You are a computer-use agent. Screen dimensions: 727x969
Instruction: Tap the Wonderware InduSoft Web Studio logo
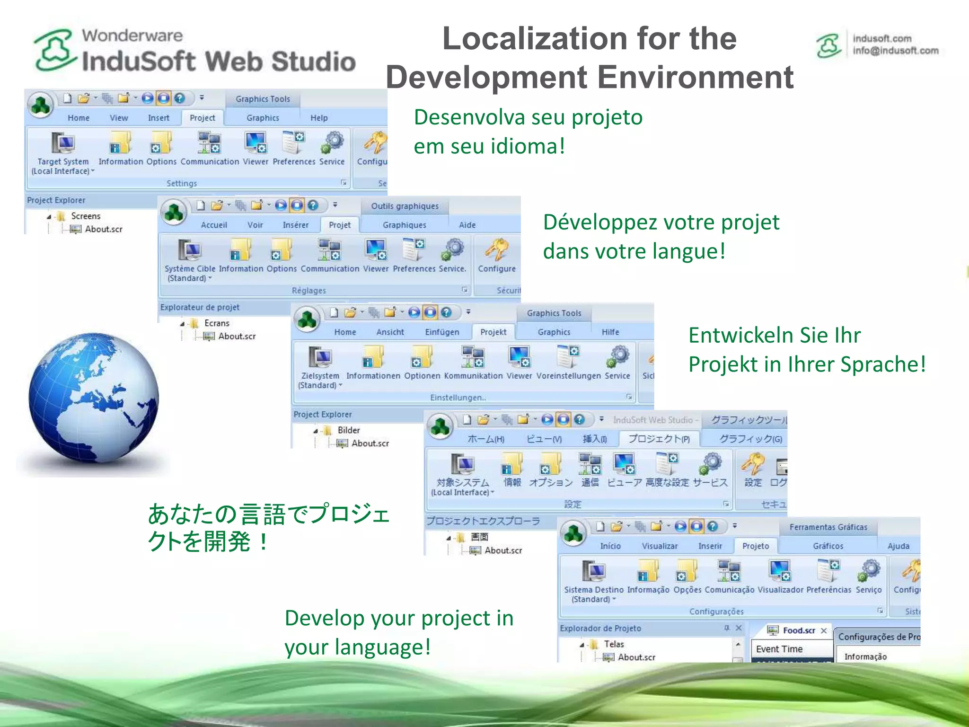pos(194,51)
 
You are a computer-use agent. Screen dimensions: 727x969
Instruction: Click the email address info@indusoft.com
pos(895,51)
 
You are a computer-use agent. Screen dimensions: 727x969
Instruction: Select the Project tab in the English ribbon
pos(202,118)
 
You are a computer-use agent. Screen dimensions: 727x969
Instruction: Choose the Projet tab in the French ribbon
pos(340,225)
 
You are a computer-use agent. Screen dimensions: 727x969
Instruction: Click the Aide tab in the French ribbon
pos(467,225)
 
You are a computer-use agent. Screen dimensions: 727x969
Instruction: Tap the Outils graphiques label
pos(405,206)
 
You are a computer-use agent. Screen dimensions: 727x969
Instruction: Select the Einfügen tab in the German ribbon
pos(442,332)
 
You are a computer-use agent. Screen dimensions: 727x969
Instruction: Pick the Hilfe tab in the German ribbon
pos(610,332)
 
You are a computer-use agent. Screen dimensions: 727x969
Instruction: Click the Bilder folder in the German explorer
pos(349,430)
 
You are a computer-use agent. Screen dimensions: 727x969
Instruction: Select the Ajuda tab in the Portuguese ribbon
pos(898,546)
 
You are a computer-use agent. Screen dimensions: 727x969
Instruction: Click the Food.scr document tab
pos(798,630)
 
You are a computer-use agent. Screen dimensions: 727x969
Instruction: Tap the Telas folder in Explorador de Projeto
pos(614,644)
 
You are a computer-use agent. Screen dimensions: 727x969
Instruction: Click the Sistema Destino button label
pos(593,590)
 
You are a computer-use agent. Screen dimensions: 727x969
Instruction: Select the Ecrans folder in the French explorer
pos(217,323)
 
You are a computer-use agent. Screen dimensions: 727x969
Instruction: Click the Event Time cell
pos(779,649)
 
